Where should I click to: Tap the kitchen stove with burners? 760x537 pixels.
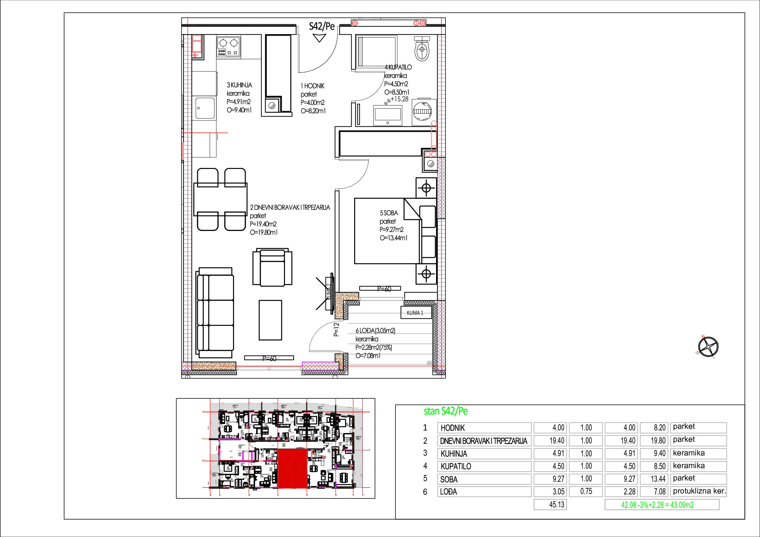pyautogui.click(x=228, y=47)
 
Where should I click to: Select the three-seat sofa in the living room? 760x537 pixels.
pyautogui.click(x=215, y=312)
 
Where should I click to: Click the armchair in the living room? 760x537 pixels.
pyautogui.click(x=272, y=268)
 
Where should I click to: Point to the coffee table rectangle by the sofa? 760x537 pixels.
pyautogui.click(x=270, y=320)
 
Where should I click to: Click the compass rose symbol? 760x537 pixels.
pyautogui.click(x=708, y=347)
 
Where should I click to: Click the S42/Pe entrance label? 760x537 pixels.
pyautogui.click(x=321, y=26)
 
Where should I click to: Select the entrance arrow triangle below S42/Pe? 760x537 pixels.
pyautogui.click(x=319, y=38)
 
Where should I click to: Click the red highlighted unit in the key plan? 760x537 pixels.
pyautogui.click(x=292, y=468)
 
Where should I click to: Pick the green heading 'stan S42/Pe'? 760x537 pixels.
pyautogui.click(x=445, y=411)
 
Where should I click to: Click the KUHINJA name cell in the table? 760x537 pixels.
pyautogui.click(x=484, y=454)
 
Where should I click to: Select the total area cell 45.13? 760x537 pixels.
pyautogui.click(x=550, y=505)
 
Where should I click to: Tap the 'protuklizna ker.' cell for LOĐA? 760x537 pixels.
pyautogui.click(x=699, y=491)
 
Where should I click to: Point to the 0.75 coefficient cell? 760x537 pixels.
pyautogui.click(x=586, y=492)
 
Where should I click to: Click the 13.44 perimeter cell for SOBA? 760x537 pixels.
pyautogui.click(x=654, y=479)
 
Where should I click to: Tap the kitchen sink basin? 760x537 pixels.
pyautogui.click(x=205, y=108)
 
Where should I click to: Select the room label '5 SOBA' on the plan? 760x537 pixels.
pyautogui.click(x=389, y=213)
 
